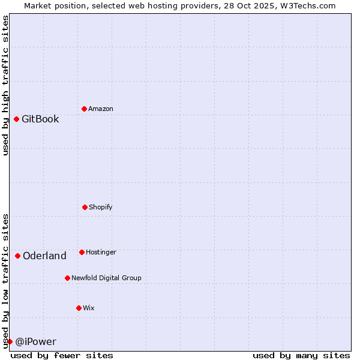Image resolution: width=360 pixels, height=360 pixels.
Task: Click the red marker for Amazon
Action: point(84,109)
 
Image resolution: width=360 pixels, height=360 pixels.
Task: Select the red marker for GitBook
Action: point(16,119)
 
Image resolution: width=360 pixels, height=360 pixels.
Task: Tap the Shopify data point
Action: point(85,207)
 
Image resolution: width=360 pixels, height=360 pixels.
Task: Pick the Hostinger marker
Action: point(82,252)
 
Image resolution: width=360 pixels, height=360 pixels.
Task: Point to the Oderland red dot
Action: point(17,256)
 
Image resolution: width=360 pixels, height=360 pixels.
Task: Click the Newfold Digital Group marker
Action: point(67,278)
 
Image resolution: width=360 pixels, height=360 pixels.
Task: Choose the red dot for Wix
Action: point(79,308)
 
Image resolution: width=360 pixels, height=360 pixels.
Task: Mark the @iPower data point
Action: point(10,341)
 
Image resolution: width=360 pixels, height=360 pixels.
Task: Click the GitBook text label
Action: point(40,119)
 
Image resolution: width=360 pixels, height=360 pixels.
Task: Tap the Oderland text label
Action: point(44,256)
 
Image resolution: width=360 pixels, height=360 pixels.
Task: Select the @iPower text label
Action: point(35,342)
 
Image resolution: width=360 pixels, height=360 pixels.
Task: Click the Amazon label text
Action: point(101,109)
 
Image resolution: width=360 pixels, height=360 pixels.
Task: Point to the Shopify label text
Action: point(101,207)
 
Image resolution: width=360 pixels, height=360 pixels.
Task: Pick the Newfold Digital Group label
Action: point(106,278)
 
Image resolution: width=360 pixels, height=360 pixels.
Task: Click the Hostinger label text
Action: point(101,252)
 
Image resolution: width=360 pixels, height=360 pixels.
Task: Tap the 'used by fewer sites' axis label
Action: point(62,355)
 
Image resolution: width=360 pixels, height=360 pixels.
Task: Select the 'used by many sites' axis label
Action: point(301,355)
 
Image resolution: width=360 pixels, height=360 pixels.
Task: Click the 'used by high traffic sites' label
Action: point(5,86)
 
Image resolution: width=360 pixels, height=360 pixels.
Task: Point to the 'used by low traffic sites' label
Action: point(5,281)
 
